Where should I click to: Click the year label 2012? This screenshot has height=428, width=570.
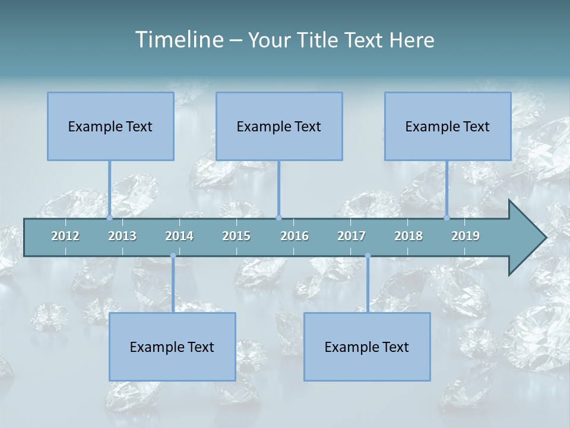pyautogui.click(x=65, y=236)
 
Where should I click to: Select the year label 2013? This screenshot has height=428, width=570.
pyautogui.click(x=122, y=236)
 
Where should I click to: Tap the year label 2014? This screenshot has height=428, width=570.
pyautogui.click(x=179, y=236)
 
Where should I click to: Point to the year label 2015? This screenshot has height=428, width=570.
pyautogui.click(x=236, y=236)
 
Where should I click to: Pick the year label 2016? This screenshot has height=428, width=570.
pyautogui.click(x=294, y=236)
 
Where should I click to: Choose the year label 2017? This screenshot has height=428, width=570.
pyautogui.click(x=351, y=236)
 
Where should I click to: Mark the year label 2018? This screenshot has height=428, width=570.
pyautogui.click(x=408, y=236)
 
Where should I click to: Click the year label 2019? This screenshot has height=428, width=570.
pyautogui.click(x=465, y=236)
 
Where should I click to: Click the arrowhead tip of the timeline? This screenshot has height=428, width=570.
pyautogui.click(x=545, y=238)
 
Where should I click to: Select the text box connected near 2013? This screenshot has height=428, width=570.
pyautogui.click(x=110, y=126)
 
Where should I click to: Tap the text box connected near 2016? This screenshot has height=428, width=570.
pyautogui.click(x=279, y=126)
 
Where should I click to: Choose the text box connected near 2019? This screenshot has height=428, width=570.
pyautogui.click(x=448, y=126)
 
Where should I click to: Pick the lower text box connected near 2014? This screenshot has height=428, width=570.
pyautogui.click(x=172, y=347)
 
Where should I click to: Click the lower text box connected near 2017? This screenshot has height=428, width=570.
pyautogui.click(x=367, y=347)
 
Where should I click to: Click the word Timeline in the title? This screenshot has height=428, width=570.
pyautogui.click(x=179, y=40)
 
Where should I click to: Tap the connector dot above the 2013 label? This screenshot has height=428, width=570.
pyautogui.click(x=110, y=218)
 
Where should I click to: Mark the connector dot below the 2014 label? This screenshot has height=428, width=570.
pyautogui.click(x=173, y=256)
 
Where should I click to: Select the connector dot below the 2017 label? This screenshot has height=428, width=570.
pyautogui.click(x=368, y=256)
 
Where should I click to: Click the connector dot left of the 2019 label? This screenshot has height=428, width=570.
pyautogui.click(x=447, y=218)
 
